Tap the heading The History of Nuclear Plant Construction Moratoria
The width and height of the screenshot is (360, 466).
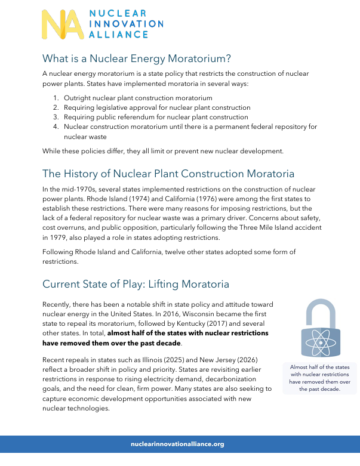[x=168, y=174]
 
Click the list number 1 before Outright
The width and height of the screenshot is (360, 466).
[x=54, y=98]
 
